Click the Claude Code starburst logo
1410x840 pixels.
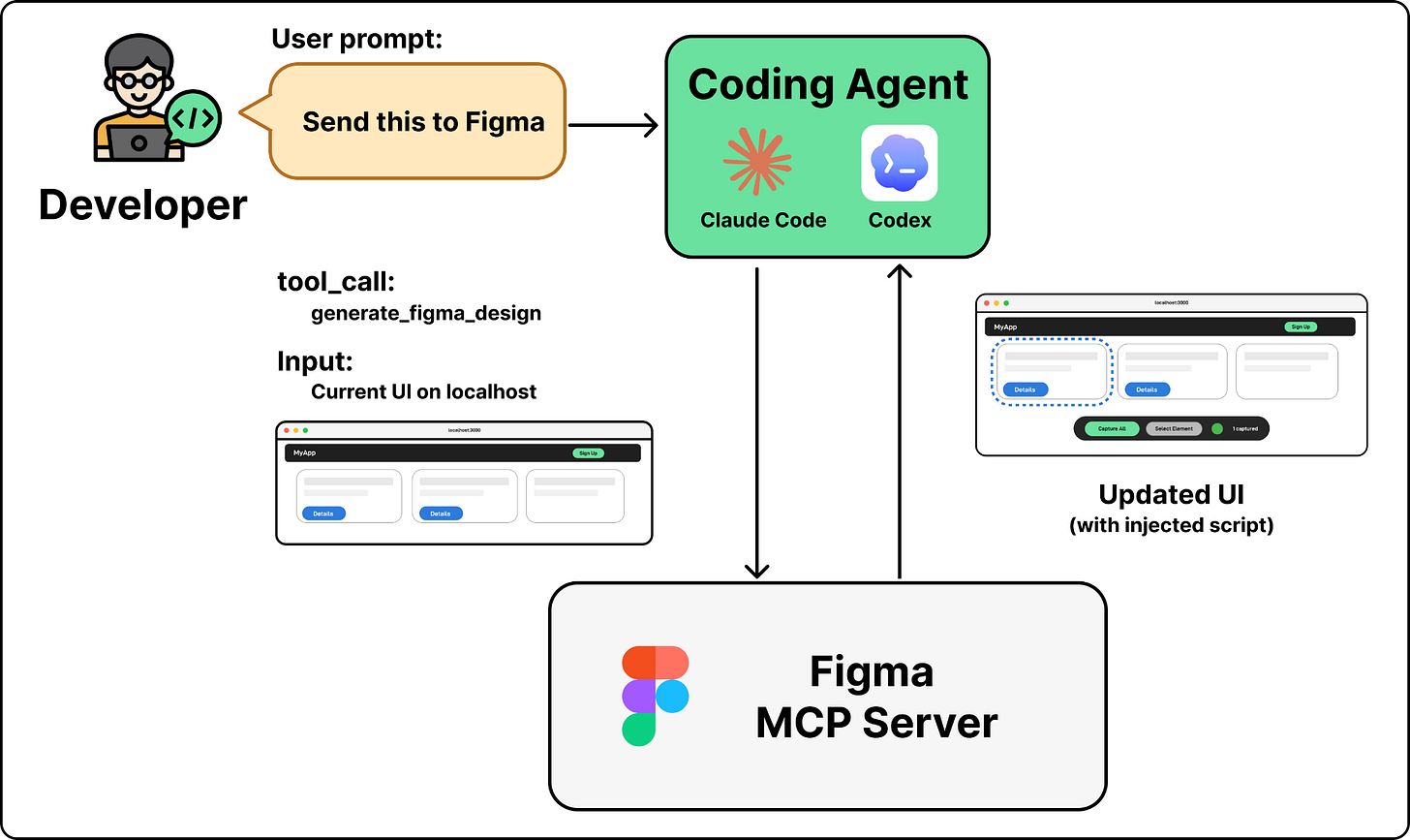coord(757,161)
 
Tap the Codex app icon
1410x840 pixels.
coord(899,163)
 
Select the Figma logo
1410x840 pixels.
coord(656,696)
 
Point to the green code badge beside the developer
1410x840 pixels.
coord(194,119)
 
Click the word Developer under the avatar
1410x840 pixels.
coord(142,205)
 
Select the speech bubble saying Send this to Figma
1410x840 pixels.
coord(416,122)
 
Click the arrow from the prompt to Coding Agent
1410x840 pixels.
coord(612,124)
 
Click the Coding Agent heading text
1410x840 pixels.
coord(828,84)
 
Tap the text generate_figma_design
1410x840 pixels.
coord(426,314)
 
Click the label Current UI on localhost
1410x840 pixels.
coord(423,392)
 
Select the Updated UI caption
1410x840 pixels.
coord(1171,495)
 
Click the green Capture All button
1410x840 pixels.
coord(1112,428)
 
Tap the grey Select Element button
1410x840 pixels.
coord(1174,428)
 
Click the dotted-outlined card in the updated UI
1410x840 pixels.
coord(1052,373)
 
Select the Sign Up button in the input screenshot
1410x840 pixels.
coord(588,453)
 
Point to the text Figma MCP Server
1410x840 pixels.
coord(875,698)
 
